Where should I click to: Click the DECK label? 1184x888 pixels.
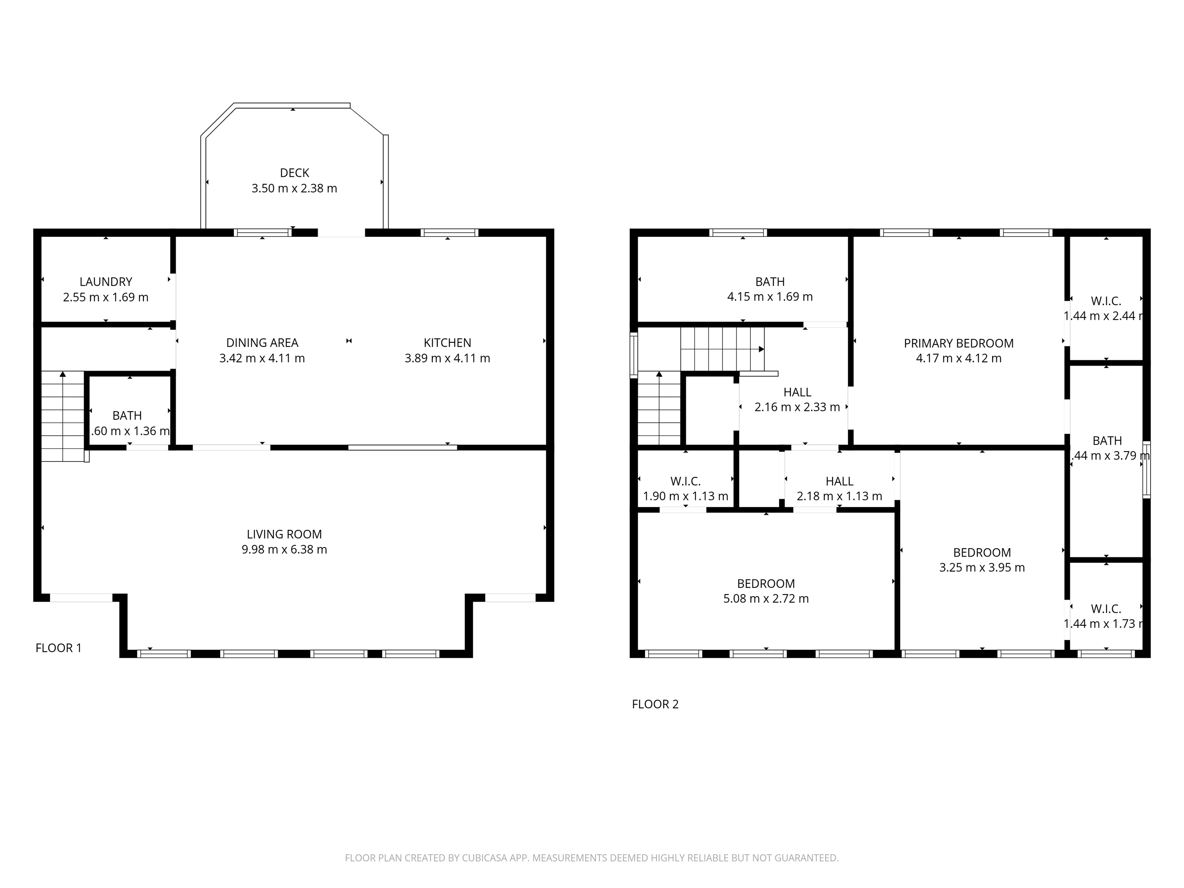tap(294, 173)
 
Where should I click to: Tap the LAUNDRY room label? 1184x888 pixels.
tap(105, 281)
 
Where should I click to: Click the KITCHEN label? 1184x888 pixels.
tap(447, 343)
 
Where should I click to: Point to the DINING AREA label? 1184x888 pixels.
tap(262, 343)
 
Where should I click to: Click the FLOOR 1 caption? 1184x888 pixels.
tap(58, 648)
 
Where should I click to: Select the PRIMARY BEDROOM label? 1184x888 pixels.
tap(958, 343)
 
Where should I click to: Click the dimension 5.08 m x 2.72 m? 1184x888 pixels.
tap(765, 598)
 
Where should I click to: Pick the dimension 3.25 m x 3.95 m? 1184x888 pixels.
tap(982, 567)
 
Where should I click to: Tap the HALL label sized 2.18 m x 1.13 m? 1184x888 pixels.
tap(839, 481)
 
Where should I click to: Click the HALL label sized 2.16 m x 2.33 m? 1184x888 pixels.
tap(797, 392)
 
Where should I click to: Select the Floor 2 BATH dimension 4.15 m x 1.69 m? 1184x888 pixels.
tap(770, 296)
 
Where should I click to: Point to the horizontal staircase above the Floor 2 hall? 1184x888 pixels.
tap(722, 349)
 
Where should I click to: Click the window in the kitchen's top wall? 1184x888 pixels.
tap(449, 232)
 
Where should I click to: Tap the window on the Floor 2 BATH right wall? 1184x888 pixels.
tap(1146, 469)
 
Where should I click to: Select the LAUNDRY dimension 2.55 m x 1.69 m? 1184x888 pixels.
tap(105, 297)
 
